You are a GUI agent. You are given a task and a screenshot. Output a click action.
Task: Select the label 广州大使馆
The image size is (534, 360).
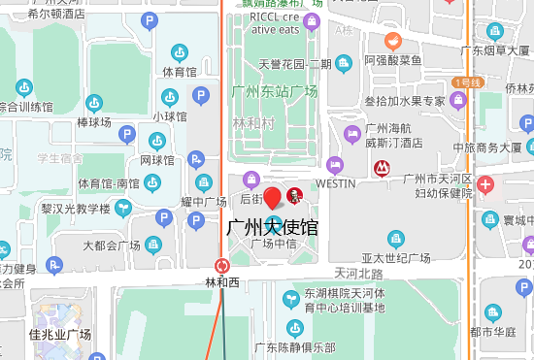272,228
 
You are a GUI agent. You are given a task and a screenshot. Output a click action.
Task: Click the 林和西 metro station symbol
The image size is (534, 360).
222,265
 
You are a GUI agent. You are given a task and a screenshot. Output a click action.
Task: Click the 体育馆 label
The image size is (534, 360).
180,72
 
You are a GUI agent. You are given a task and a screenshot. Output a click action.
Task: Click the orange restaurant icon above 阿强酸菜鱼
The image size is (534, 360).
392,41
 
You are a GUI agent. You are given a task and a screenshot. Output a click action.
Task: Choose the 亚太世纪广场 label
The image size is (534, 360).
396,258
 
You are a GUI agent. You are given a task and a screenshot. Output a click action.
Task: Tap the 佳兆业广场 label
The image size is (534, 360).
60,335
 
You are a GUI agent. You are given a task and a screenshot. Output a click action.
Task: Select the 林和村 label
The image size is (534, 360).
254,124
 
